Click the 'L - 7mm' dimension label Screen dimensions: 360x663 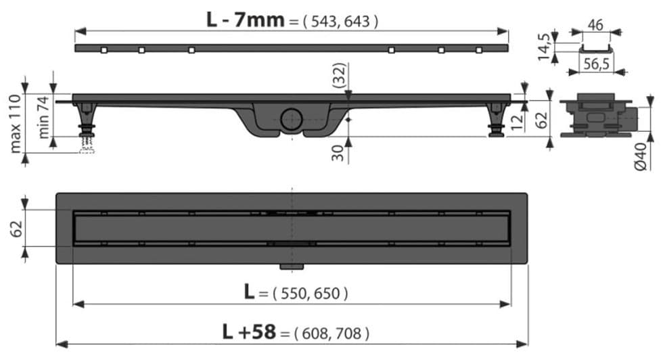[x=246, y=20]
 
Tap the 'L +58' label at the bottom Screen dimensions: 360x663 [x=249, y=332]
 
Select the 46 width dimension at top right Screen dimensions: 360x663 [x=595, y=25]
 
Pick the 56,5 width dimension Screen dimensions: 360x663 [x=595, y=64]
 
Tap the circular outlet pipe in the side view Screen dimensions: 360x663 [x=292, y=120]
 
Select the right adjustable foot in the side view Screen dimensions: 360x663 [x=497, y=120]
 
